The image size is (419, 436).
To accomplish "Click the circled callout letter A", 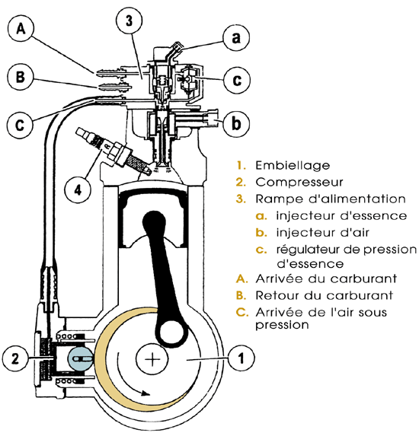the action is pos(21,28).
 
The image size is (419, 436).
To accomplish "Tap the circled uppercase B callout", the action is pos(20,76).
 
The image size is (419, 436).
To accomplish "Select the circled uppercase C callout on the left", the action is pos(20,125).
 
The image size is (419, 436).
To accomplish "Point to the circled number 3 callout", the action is pos(129,21).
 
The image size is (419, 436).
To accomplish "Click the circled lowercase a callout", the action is pos(236,37).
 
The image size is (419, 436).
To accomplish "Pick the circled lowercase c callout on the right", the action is pos(237,80).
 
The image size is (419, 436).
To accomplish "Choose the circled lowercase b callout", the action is pos(236,123).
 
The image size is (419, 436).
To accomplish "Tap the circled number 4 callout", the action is pos(78,190).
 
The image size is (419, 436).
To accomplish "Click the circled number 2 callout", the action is pos(15,358).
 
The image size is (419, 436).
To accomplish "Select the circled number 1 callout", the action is pos(241,358).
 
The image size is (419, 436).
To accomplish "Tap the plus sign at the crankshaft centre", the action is pos(152,358).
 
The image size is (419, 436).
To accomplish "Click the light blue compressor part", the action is pos(81,358).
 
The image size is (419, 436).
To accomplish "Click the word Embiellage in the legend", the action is pos(293,165).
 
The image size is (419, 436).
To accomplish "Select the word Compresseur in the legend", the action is pos(299,183).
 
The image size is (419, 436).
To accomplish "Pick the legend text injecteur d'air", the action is pos(322,233).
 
